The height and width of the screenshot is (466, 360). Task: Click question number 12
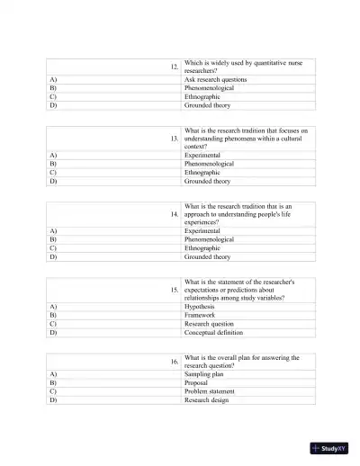[x=174, y=67]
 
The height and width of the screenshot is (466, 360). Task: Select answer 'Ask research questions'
[x=216, y=79]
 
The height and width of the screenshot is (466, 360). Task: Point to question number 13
[x=174, y=139]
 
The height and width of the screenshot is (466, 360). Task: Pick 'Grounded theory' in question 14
[x=207, y=256]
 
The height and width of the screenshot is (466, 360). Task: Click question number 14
[x=174, y=214]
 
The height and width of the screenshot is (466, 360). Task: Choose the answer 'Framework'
[x=201, y=315]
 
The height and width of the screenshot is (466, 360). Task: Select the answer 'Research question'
[x=209, y=324]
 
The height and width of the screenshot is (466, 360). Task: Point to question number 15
[x=174, y=290]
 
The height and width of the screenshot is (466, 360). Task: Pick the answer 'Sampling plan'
[x=203, y=373]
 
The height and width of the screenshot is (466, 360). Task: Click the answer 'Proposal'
[x=196, y=381]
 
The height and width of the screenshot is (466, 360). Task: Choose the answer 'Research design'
[x=206, y=399]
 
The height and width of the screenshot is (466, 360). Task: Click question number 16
[x=174, y=361]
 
